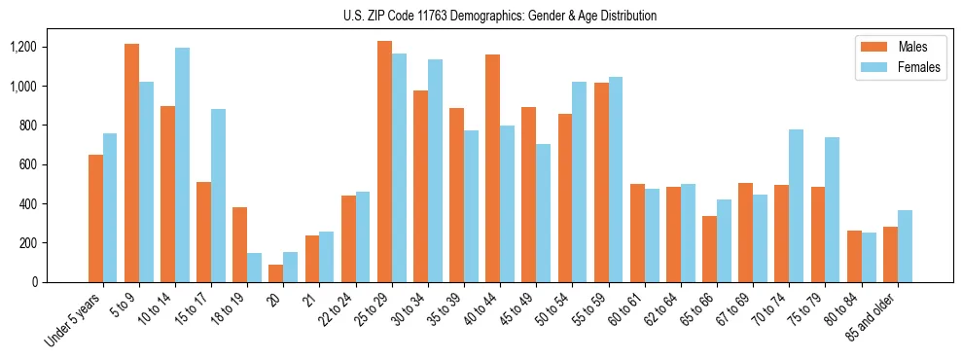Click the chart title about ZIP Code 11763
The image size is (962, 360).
coord(500,16)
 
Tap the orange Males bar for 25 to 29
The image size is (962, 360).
coord(384,162)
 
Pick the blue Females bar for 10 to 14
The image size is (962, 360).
coord(182,164)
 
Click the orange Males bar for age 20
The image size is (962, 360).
coord(276,273)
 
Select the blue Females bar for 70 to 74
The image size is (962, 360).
coord(796,205)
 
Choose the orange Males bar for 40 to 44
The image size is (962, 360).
coord(493,168)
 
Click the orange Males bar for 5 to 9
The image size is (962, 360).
coord(131,162)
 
